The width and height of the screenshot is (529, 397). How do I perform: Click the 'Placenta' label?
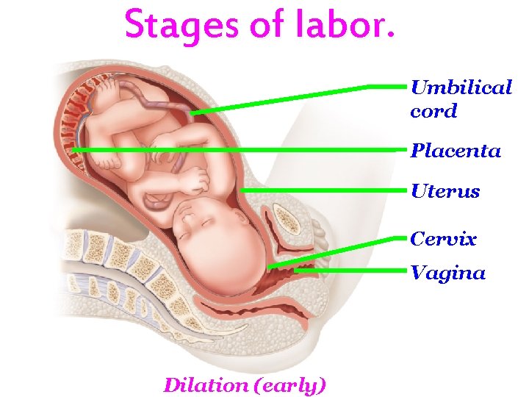click(456, 151)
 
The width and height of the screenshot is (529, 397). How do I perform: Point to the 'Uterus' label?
click(445, 192)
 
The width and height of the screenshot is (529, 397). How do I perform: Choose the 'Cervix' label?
click(444, 239)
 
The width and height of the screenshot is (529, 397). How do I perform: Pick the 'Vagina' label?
click(448, 273)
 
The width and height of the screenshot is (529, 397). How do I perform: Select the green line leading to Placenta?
click(242, 150)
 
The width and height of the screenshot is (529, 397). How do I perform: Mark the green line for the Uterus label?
click(323, 190)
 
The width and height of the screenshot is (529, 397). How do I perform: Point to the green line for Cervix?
click(338, 251)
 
